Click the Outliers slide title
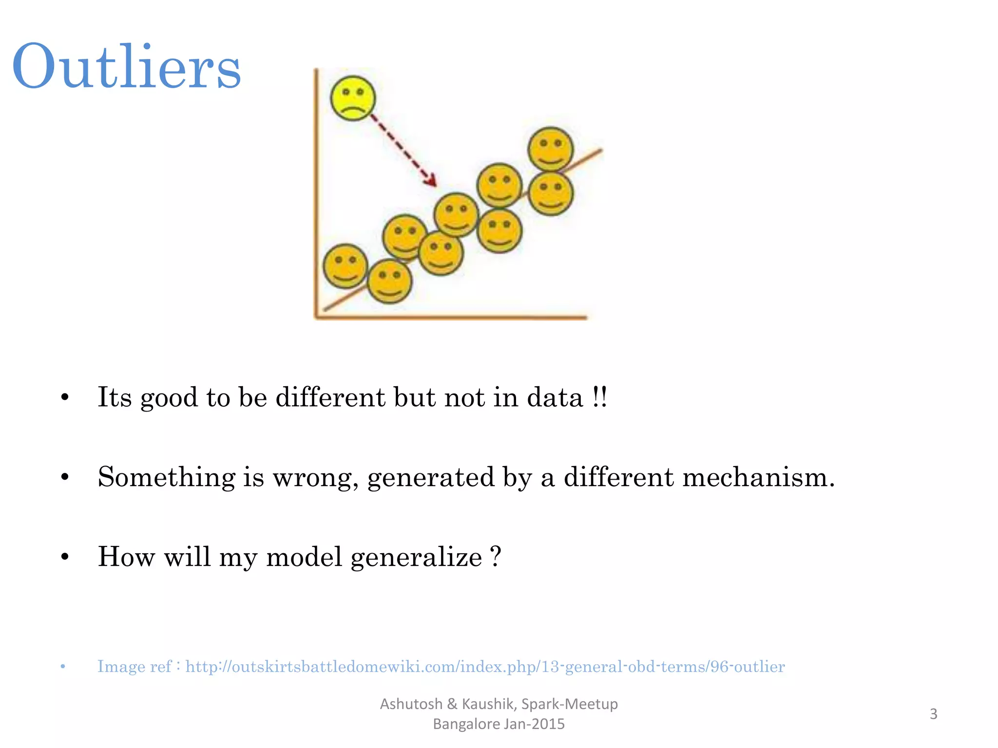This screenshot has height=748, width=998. tap(127, 66)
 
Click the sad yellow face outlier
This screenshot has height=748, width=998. tap(353, 98)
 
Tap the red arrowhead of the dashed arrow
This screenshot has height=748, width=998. tap(431, 181)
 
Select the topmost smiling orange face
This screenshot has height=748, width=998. tap(550, 149)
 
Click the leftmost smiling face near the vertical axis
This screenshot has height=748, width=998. tap(345, 266)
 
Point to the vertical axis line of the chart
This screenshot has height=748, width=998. tap(316, 195)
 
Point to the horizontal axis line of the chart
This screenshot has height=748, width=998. tap(451, 318)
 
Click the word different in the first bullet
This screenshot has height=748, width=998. tap(330, 397)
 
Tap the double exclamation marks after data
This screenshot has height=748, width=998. tap(600, 397)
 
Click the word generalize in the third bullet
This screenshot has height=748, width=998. tap(416, 557)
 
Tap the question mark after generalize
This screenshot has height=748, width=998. tap(496, 556)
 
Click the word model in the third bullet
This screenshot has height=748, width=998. tap(304, 557)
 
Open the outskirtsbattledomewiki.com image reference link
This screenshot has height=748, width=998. tap(485, 666)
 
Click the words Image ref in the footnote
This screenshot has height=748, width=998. tap(134, 666)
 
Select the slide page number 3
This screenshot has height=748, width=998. tap(933, 714)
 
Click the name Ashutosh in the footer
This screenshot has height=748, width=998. tap(411, 704)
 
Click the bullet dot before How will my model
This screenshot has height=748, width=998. tap(65, 557)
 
